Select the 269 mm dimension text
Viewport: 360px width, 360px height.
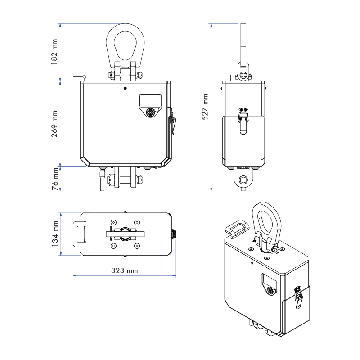[54, 124]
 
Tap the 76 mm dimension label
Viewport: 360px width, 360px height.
[54, 179]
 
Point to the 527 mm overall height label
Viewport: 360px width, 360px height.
[205, 107]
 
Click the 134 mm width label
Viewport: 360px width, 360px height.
[54, 234]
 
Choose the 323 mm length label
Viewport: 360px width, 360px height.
[125, 271]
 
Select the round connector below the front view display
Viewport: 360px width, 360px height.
[150, 112]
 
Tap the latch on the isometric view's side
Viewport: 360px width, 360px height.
[297, 297]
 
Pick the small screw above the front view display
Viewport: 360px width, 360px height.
[125, 88]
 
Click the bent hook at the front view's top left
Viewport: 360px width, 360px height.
[81, 77]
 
